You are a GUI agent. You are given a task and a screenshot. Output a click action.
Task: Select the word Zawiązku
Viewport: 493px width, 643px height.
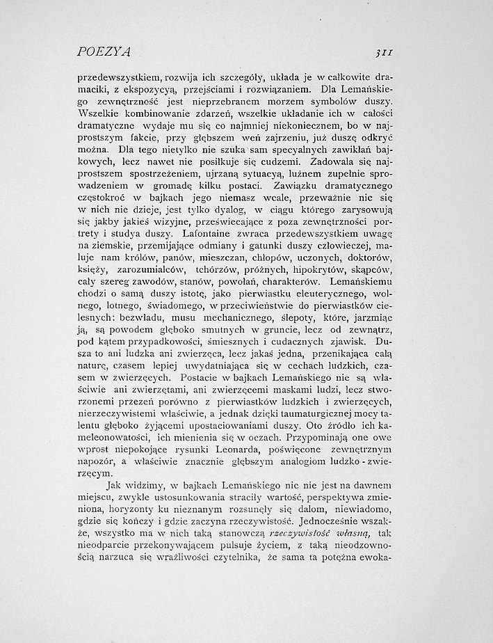283,187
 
